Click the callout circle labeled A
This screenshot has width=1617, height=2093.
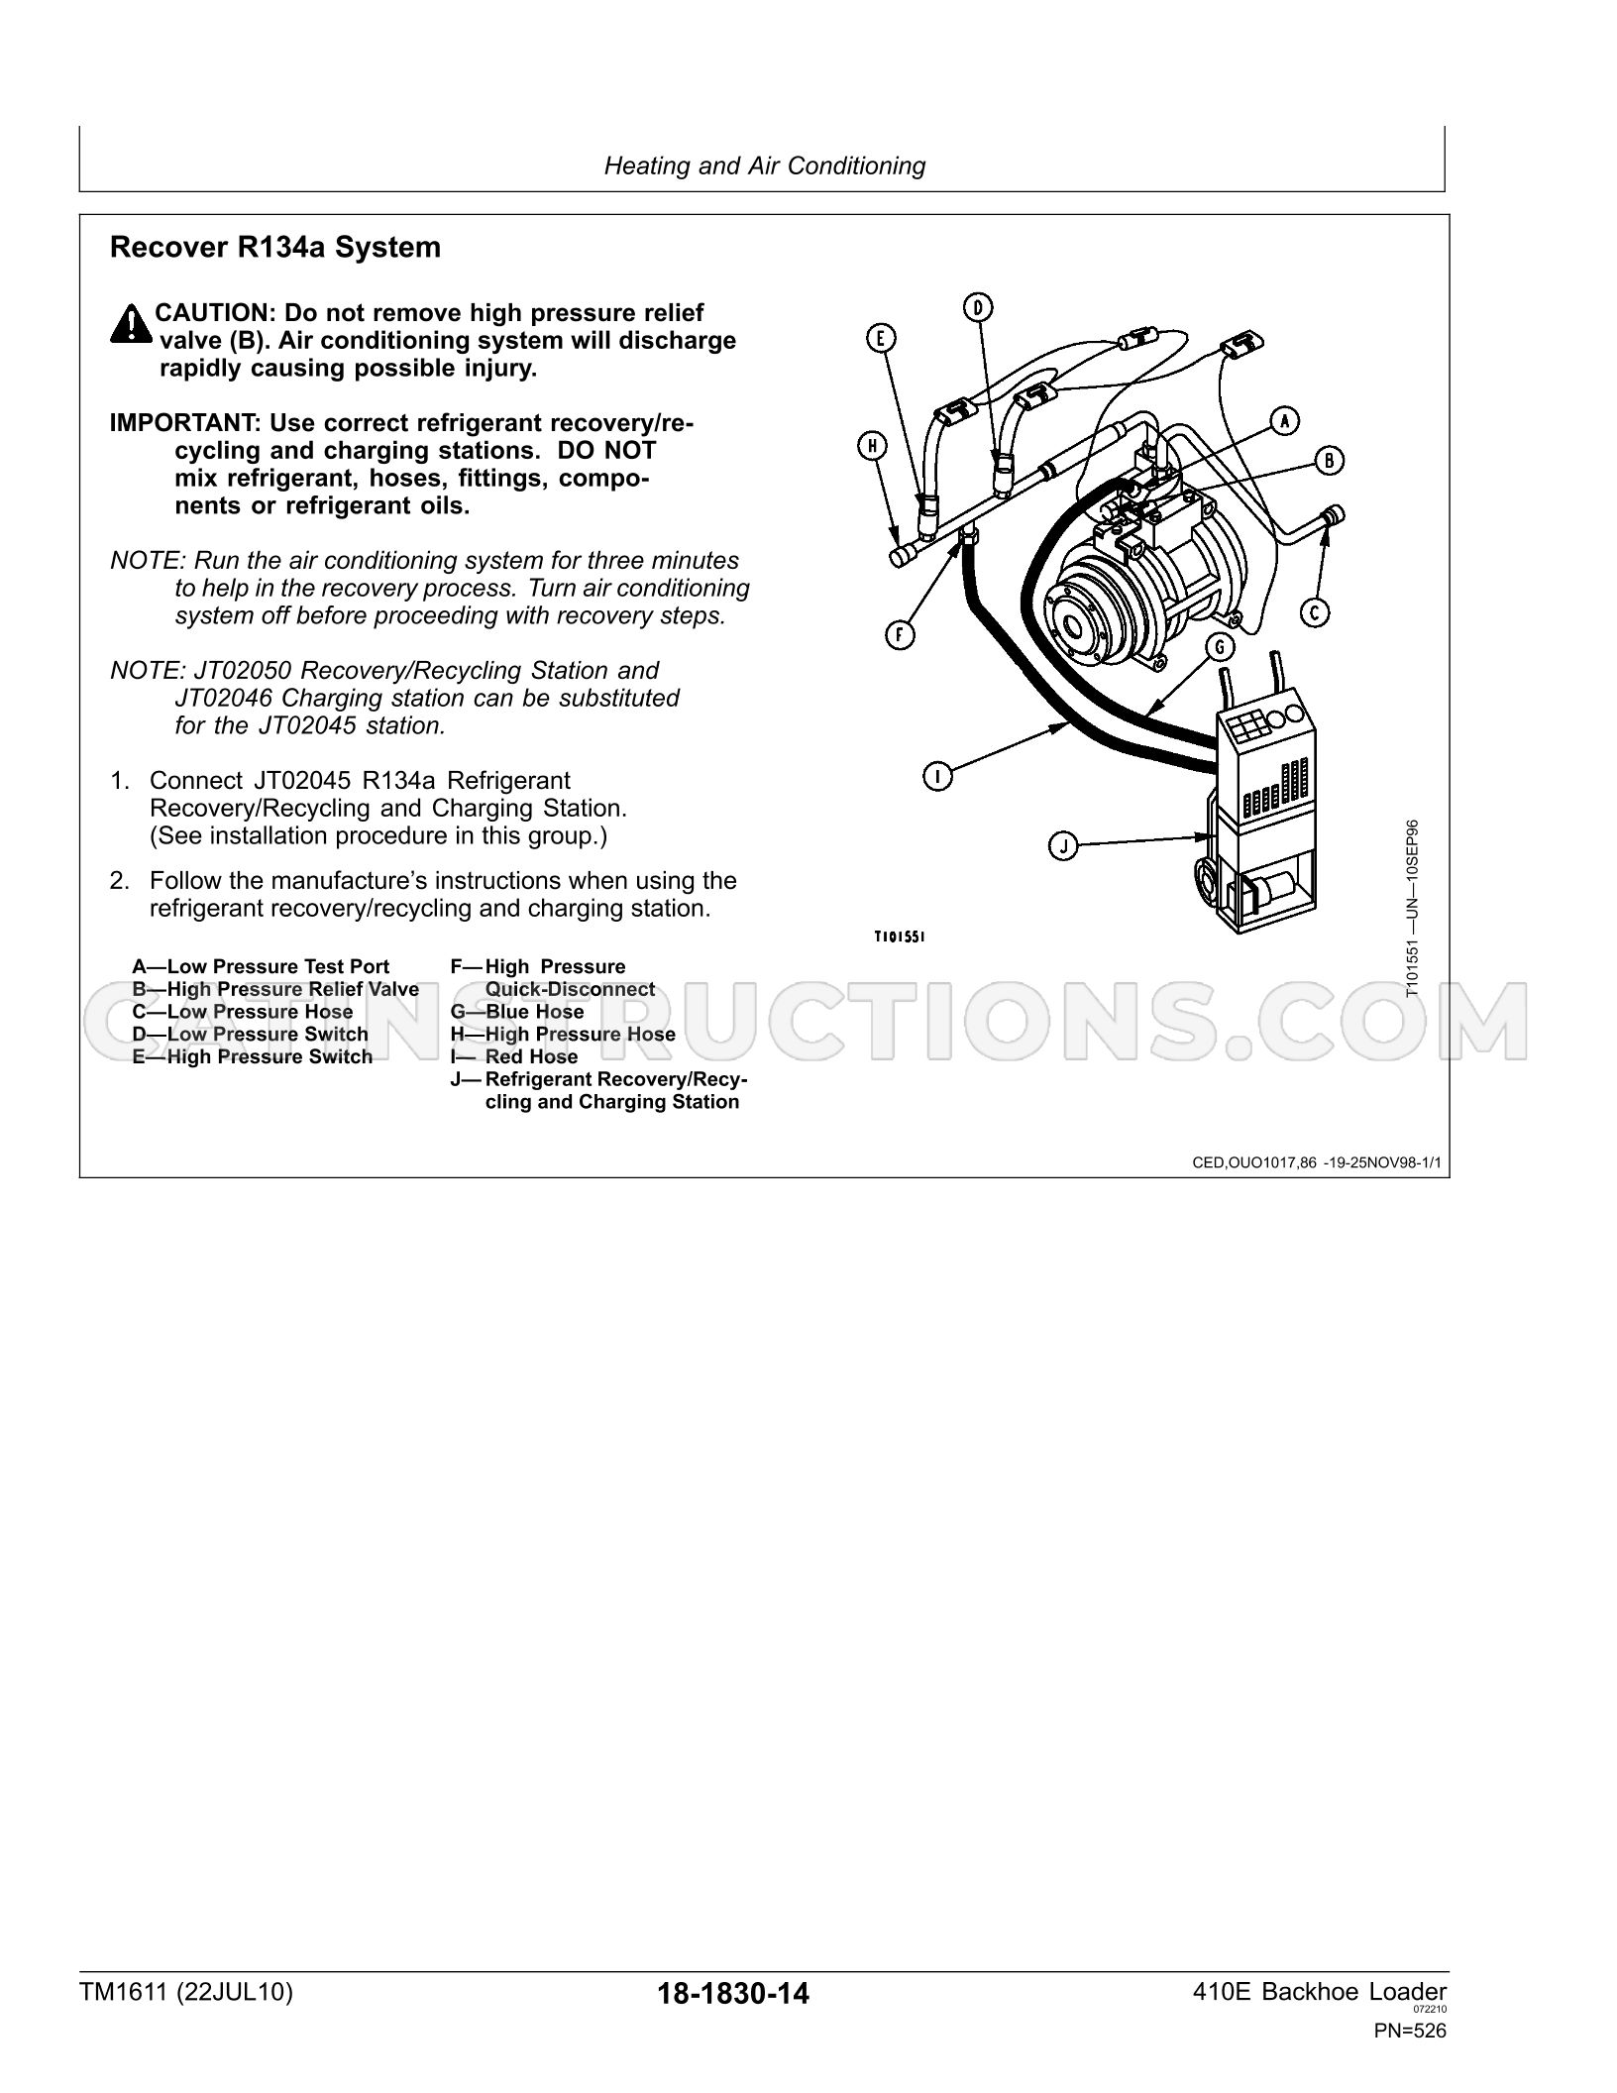(1285, 420)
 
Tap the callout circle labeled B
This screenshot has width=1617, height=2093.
(1329, 460)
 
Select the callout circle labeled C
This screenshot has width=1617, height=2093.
(1315, 612)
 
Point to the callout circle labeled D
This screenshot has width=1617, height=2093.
(978, 307)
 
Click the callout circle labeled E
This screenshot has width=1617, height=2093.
(880, 338)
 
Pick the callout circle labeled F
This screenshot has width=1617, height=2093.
(900, 634)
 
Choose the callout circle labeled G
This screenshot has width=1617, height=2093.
(1219, 647)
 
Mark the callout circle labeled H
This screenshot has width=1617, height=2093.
(872, 447)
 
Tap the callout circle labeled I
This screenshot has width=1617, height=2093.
(937, 777)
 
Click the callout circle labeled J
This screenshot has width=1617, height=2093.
(1063, 846)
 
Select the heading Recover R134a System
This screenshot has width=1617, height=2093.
(275, 247)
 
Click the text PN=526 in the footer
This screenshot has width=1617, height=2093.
(1410, 2050)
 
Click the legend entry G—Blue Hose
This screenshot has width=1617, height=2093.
(517, 1012)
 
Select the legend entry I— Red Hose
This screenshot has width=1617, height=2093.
(513, 1056)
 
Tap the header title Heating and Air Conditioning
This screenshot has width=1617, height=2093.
(765, 165)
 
